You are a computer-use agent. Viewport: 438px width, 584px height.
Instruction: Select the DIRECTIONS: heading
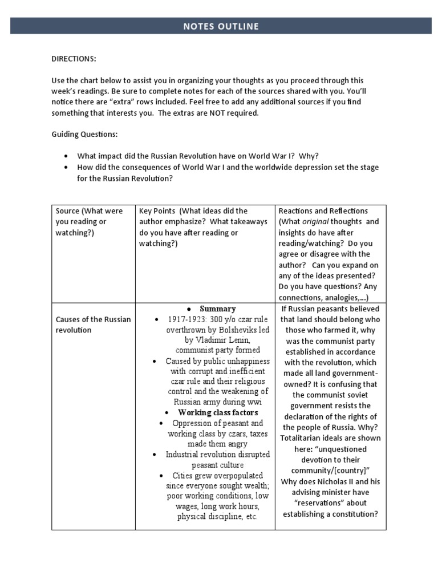74,59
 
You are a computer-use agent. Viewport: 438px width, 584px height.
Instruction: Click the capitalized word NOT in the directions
214,113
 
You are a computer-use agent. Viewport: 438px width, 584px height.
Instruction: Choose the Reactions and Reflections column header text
323,211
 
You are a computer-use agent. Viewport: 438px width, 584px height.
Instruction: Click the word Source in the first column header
67,211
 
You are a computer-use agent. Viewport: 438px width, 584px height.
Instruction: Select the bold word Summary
217,309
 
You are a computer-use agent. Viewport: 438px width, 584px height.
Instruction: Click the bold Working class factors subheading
218,412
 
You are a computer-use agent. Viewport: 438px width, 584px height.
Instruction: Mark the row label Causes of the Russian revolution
93,325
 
